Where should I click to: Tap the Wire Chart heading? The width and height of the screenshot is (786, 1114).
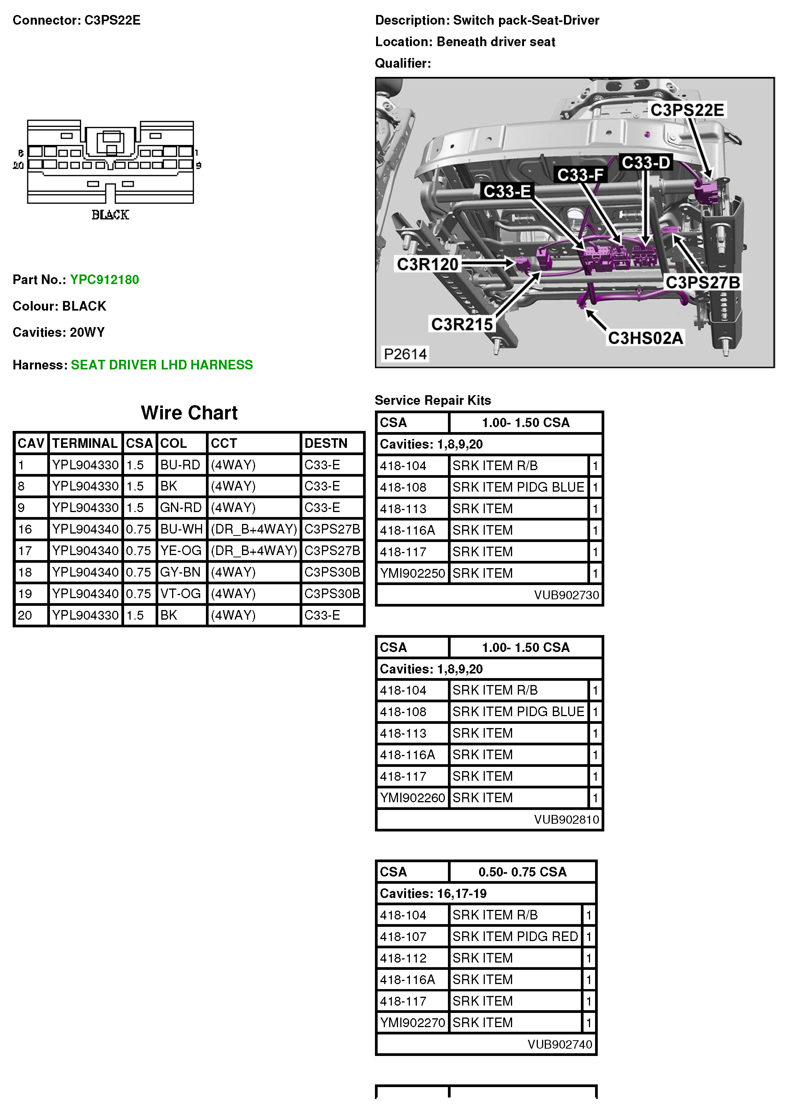189,413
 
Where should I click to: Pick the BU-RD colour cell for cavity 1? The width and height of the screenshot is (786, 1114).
180,465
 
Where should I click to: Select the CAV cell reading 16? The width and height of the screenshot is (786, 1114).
25,529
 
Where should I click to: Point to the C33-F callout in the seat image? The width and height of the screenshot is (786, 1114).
580,175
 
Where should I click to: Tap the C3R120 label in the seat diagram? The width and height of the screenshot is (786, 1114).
427,264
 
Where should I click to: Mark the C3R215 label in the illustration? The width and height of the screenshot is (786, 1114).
462,324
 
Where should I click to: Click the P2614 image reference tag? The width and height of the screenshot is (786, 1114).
405,354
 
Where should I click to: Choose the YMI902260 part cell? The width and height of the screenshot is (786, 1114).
412,798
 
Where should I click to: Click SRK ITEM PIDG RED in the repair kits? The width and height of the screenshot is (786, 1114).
515,936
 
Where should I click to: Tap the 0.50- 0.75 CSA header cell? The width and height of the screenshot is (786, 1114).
522,872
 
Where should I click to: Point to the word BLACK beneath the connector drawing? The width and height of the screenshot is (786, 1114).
110,215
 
